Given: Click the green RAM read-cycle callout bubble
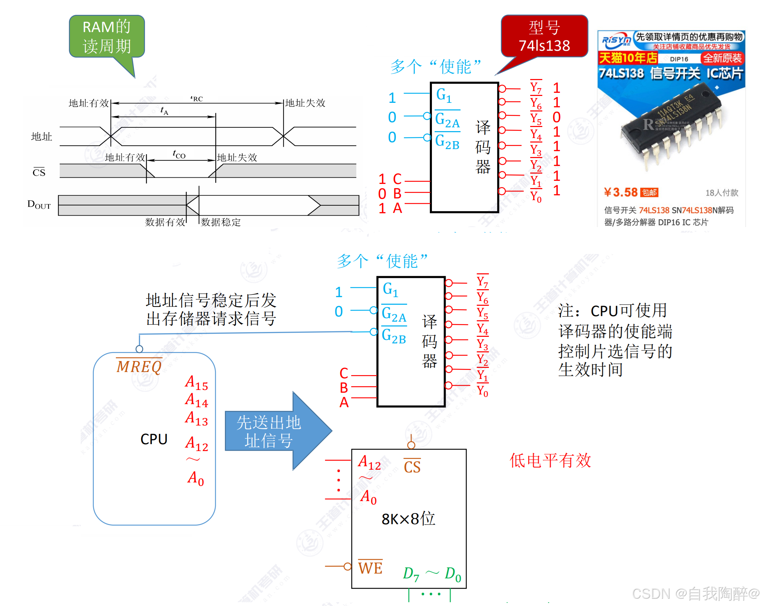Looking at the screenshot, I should pyautogui.click(x=107, y=36).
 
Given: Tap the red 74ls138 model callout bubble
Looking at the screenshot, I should pyautogui.click(x=544, y=36).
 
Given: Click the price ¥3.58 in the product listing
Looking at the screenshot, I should pyautogui.click(x=620, y=192).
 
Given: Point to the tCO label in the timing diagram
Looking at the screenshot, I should pyautogui.click(x=179, y=154).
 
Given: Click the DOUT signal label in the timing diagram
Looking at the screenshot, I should pyautogui.click(x=39, y=204).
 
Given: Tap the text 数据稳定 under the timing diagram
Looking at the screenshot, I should pyautogui.click(x=220, y=222).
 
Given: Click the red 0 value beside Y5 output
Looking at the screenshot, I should pyautogui.click(x=556, y=117).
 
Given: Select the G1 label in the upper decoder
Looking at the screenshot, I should pyautogui.click(x=444, y=95).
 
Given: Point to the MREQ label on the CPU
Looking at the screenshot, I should pyautogui.click(x=139, y=366).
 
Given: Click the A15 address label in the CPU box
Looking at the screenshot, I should pyautogui.click(x=196, y=383).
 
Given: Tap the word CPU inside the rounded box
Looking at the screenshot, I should pyautogui.click(x=154, y=439).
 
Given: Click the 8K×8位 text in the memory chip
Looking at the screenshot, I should pyautogui.click(x=408, y=519).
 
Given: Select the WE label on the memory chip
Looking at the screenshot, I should pyautogui.click(x=370, y=568).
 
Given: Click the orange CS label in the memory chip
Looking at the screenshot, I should pyautogui.click(x=412, y=467).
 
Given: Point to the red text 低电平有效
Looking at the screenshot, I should pyautogui.click(x=550, y=460).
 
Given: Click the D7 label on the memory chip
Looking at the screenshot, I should pyautogui.click(x=411, y=574).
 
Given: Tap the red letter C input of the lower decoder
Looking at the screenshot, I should pyautogui.click(x=344, y=373).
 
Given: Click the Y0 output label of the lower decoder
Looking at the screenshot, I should pyautogui.click(x=483, y=391).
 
